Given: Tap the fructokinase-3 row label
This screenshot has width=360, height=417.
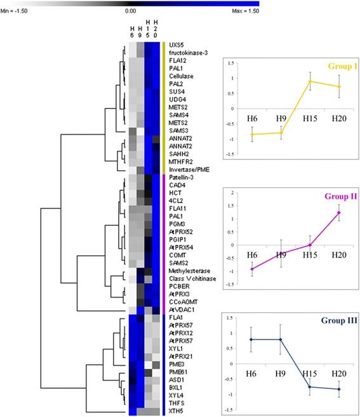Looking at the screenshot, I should pos(178,53).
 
